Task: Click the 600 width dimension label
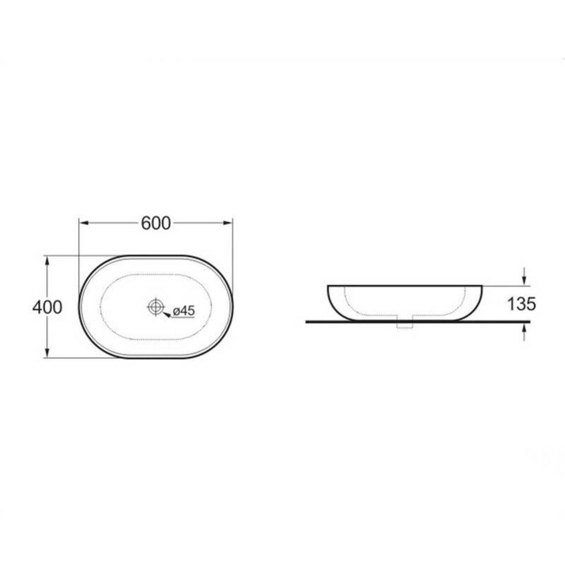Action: [156, 224]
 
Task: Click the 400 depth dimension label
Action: [47, 307]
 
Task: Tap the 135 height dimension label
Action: [522, 304]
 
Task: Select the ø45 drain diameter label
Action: [184, 310]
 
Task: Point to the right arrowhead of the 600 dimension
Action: [228, 223]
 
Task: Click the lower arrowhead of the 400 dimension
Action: [47, 353]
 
